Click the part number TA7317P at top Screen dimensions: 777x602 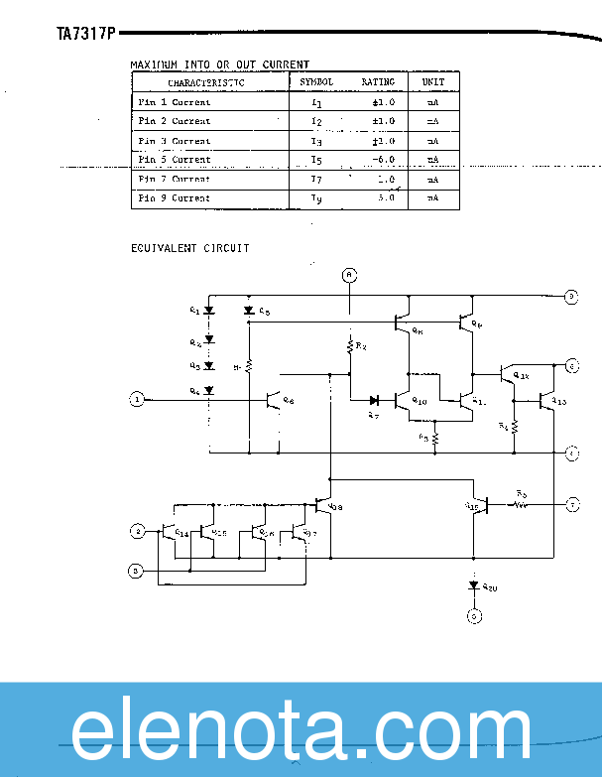point(86,34)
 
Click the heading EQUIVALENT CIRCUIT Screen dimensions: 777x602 point(189,247)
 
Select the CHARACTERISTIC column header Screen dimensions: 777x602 point(208,82)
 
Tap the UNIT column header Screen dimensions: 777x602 point(433,82)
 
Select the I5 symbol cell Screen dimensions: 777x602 point(316,160)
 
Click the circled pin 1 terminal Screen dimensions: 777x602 point(138,400)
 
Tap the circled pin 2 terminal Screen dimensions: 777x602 point(138,531)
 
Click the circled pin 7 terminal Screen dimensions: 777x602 point(572,505)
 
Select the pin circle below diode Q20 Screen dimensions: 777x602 point(474,616)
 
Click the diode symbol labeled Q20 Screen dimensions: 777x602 point(474,586)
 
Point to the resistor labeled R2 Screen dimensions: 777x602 point(349,346)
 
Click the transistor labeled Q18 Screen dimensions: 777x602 point(322,506)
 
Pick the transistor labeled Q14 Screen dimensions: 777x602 point(170,532)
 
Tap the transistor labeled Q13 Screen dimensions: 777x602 point(546,401)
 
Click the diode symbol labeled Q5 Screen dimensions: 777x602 point(249,312)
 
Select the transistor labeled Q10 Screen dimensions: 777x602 point(402,401)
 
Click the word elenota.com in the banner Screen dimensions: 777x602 point(301,732)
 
